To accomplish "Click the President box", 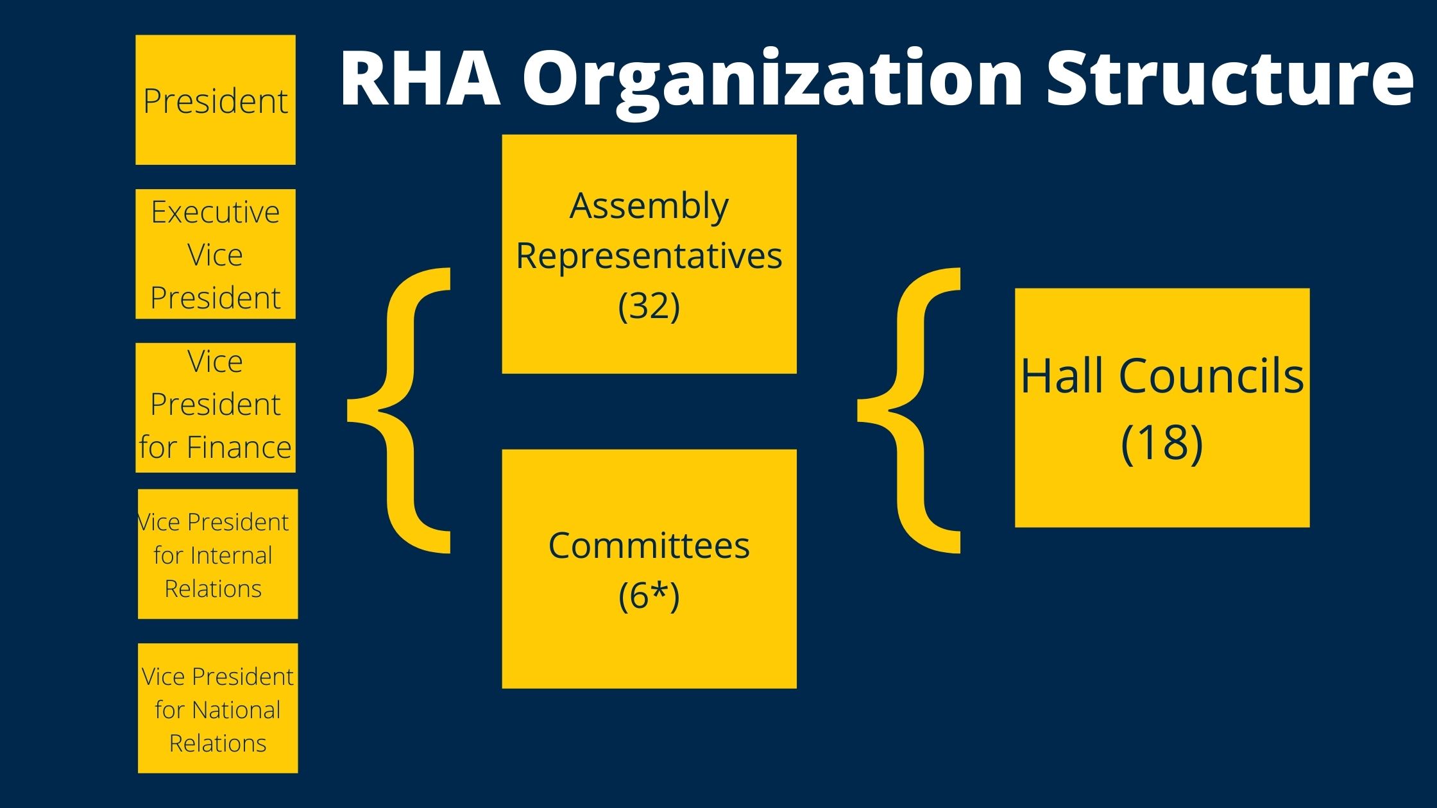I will pyautogui.click(x=216, y=100).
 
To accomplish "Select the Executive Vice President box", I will pyautogui.click(x=216, y=254).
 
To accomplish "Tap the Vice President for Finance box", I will pyautogui.click(x=216, y=408).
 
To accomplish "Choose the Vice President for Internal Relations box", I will pyautogui.click(x=217, y=554).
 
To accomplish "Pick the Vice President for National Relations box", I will pyautogui.click(x=217, y=708).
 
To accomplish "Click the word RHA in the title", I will pyautogui.click(x=420, y=78).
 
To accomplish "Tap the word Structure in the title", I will pyautogui.click(x=1229, y=78).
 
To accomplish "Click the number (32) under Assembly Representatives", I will pyautogui.click(x=649, y=305).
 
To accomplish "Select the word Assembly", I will pyautogui.click(x=649, y=206).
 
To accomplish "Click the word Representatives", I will pyautogui.click(x=649, y=256).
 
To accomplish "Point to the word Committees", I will pyautogui.click(x=649, y=546).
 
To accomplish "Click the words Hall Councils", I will pyautogui.click(x=1162, y=376).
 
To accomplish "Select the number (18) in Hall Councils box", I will pyautogui.click(x=1162, y=442).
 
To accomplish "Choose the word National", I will pyautogui.click(x=235, y=710).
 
